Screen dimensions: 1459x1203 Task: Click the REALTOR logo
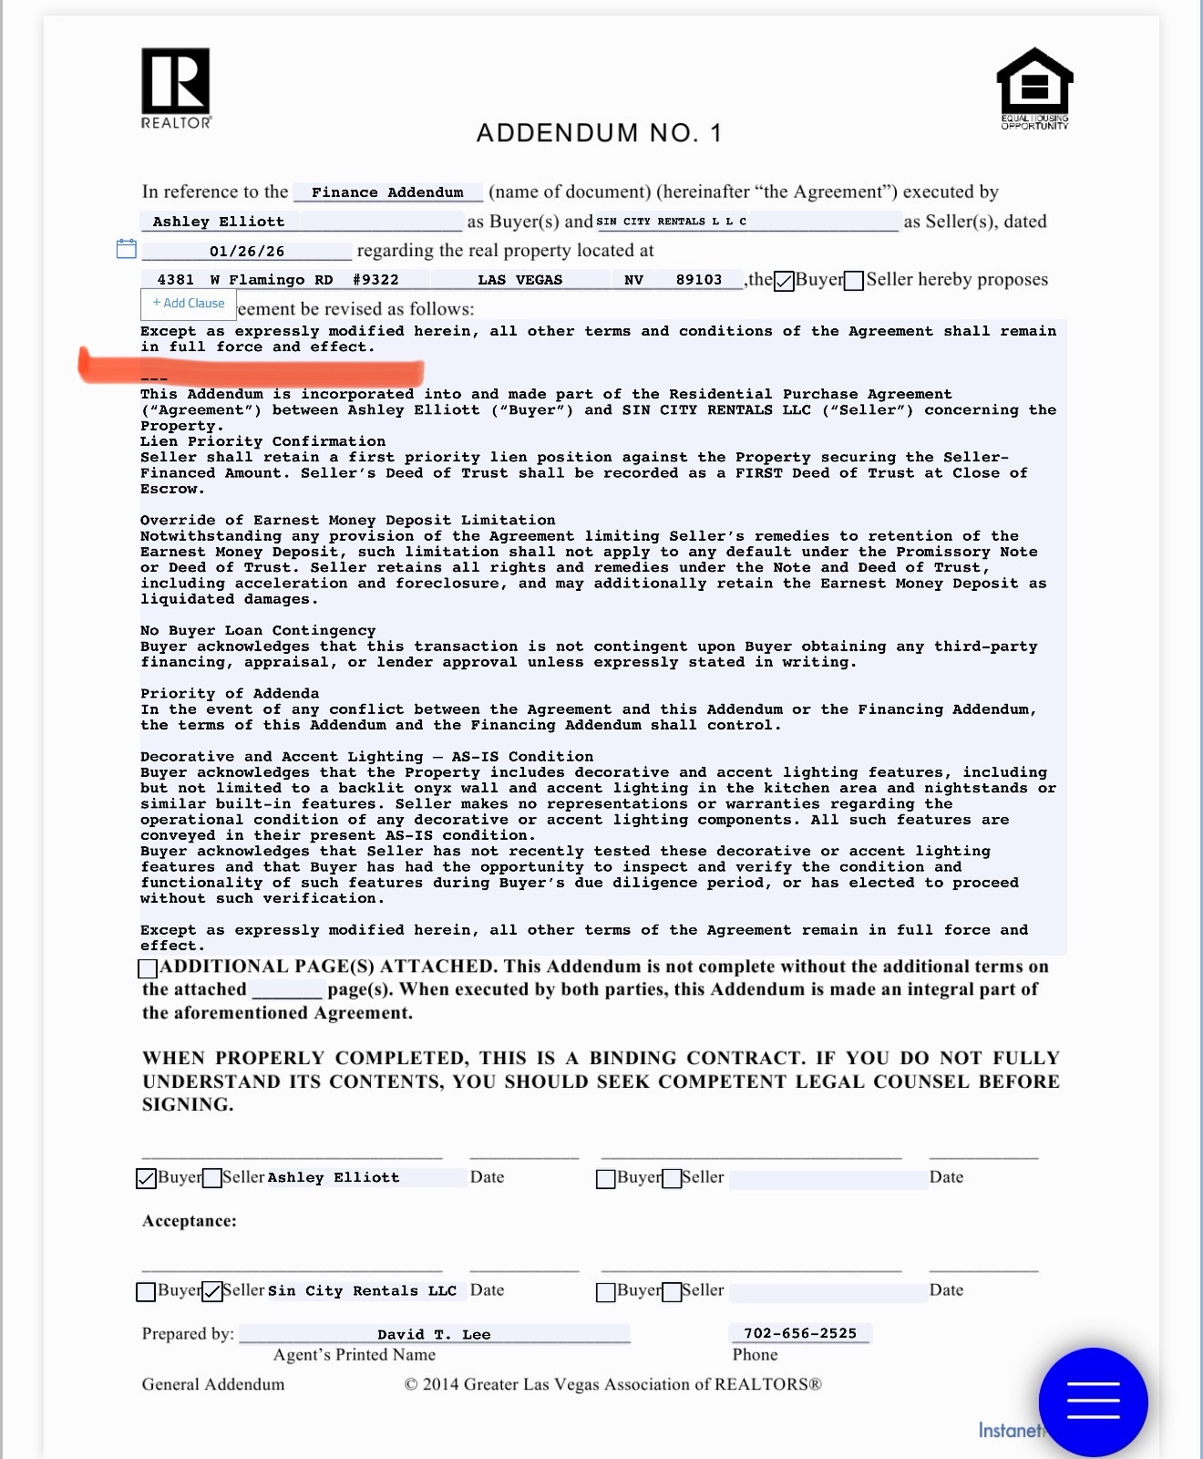pos(176,88)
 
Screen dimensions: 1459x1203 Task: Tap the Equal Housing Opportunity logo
pos(1034,88)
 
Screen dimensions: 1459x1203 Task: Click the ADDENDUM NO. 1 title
pos(599,133)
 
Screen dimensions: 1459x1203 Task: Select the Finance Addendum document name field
pos(387,192)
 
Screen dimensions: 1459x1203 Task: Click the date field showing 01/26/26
pos(247,251)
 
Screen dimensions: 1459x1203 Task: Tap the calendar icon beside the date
pos(127,249)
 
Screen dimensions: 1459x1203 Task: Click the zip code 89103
pos(699,280)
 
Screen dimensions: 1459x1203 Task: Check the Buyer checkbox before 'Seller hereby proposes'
pos(784,281)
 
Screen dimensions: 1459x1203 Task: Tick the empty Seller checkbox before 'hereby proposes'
pos(854,281)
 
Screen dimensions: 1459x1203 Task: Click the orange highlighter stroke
pos(251,368)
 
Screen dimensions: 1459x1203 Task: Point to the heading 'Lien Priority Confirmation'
pos(262,441)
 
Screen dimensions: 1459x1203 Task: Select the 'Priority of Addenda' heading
pos(230,693)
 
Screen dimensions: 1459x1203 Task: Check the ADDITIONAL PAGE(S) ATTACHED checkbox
pos(148,967)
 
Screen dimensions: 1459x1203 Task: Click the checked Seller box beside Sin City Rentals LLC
pos(212,1291)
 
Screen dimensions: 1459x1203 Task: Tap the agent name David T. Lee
pos(434,1334)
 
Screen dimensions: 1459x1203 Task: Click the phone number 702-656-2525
pos(800,1333)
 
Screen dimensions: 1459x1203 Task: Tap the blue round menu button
pos(1093,1401)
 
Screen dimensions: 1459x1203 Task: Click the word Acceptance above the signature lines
pos(189,1221)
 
